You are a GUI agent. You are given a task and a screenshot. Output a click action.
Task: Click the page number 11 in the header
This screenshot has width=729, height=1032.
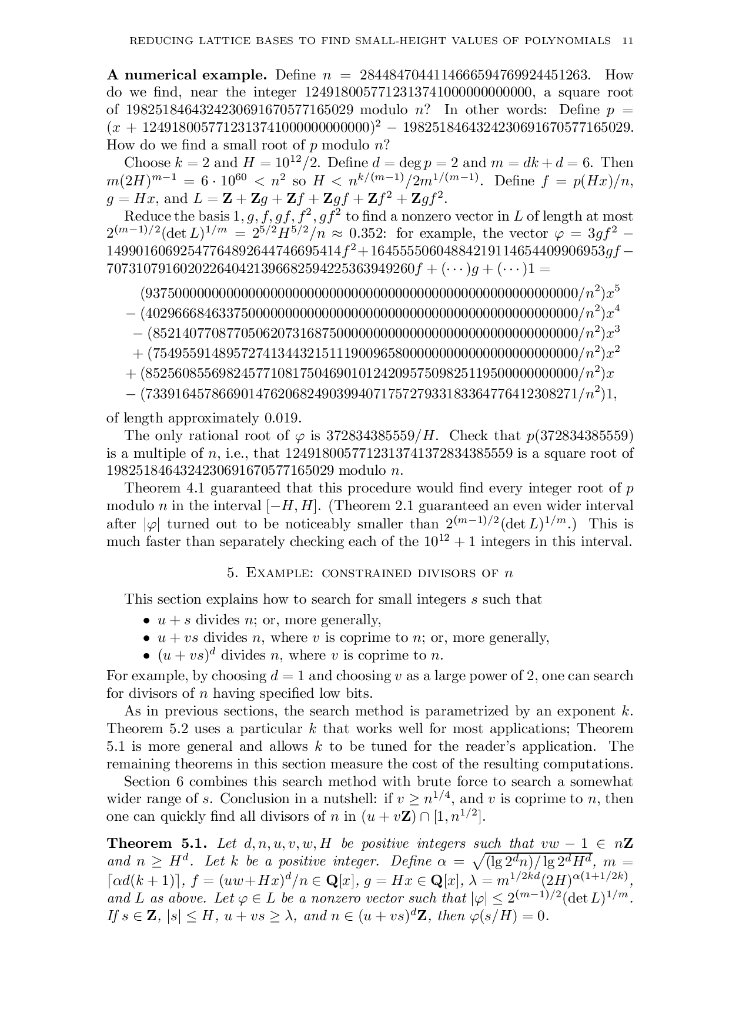coord(627,41)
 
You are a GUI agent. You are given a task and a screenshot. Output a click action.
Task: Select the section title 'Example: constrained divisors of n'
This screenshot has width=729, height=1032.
coord(370,573)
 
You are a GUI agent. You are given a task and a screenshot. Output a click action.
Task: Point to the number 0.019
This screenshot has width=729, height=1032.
coord(283,418)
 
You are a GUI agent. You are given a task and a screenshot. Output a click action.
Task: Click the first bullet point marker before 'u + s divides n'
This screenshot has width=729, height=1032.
coord(147,621)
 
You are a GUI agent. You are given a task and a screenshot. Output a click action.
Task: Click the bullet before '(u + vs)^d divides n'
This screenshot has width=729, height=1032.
coord(147,656)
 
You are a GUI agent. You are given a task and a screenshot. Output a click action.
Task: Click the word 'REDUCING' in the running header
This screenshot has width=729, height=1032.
coord(155,41)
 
